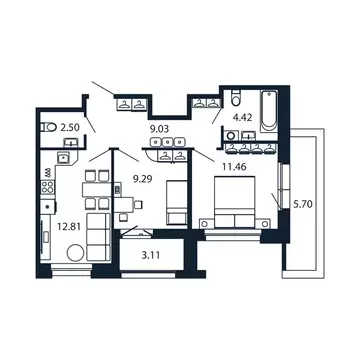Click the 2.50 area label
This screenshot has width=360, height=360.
[x=69, y=128]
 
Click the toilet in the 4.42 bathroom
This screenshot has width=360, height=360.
[x=231, y=101]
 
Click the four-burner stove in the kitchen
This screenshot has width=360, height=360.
[x=47, y=185]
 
